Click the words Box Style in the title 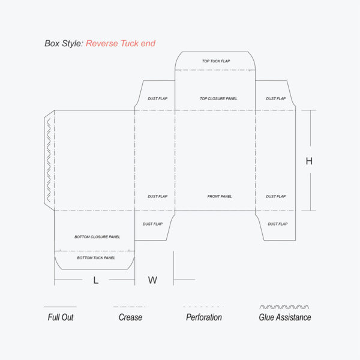click(64, 43)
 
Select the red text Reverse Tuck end click(121, 43)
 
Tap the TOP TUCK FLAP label click(216, 61)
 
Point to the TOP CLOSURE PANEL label click(218, 99)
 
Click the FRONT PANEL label click(220, 197)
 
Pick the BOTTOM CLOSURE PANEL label click(97, 237)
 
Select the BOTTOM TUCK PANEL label click(96, 258)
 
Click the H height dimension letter click(309, 161)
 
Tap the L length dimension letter click(96, 280)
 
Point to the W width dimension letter click(152, 280)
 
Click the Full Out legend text click(61, 317)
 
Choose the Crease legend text click(130, 317)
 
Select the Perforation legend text click(204, 317)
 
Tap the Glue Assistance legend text click(285, 317)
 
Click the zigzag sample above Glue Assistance click(284, 307)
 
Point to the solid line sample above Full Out click(60, 307)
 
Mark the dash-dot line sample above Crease click(130, 307)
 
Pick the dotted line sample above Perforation click(203, 307)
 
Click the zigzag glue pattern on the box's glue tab click(49, 160)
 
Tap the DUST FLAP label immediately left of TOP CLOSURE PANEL click(158, 99)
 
